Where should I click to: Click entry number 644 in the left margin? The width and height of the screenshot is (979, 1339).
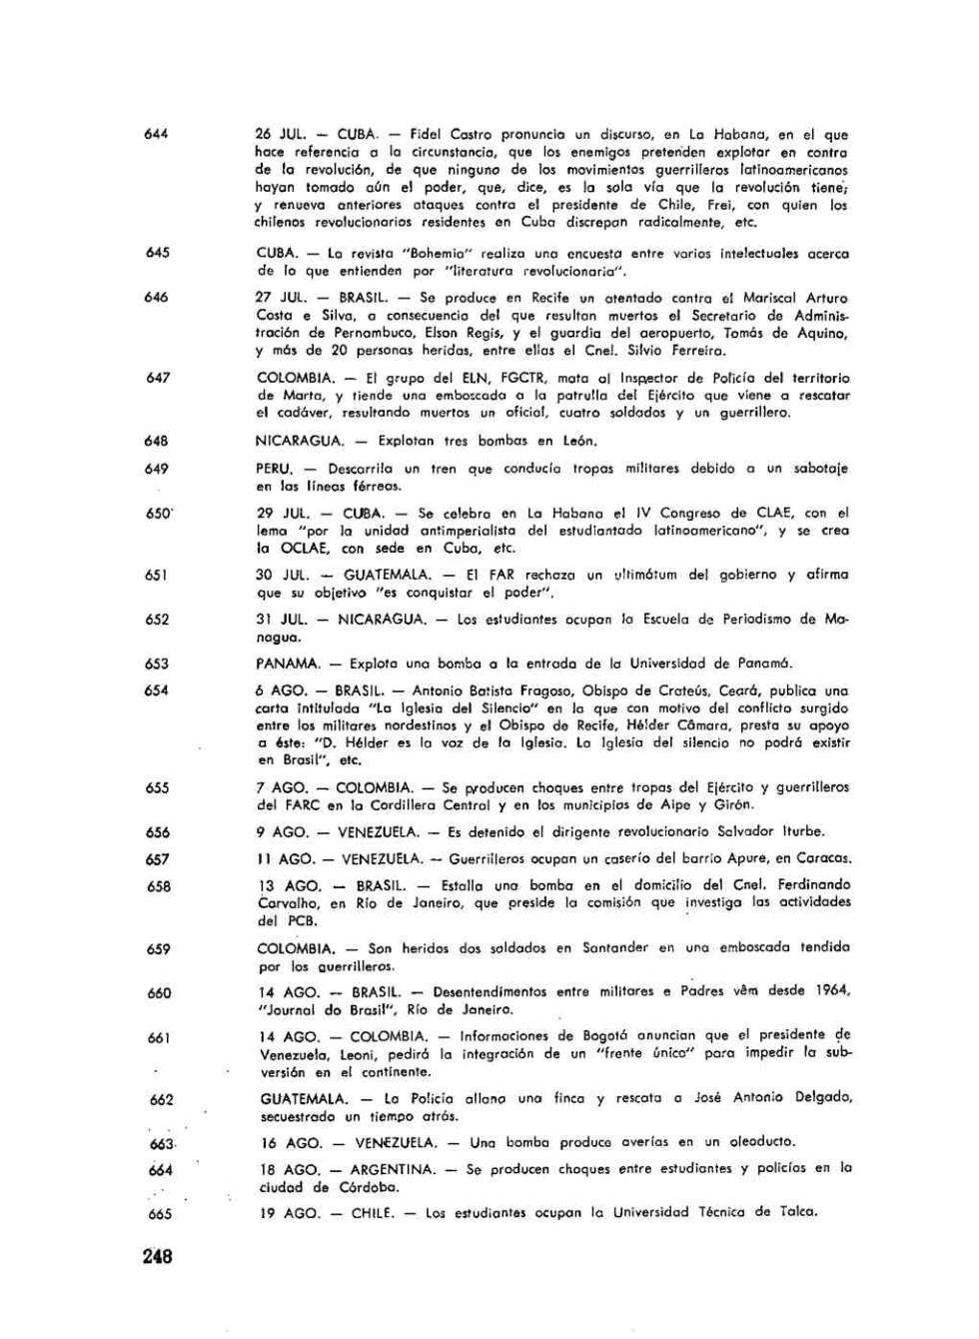[156, 134]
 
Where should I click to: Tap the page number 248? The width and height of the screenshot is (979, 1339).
[158, 1256]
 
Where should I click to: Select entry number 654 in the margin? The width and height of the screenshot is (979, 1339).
[157, 689]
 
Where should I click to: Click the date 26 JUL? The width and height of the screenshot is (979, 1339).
[281, 134]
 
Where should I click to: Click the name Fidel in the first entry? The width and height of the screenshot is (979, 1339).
[426, 134]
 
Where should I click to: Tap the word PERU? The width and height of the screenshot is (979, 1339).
[274, 468]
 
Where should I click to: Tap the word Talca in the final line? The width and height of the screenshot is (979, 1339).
[797, 1212]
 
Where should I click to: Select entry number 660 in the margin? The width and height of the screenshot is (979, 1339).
[159, 992]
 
